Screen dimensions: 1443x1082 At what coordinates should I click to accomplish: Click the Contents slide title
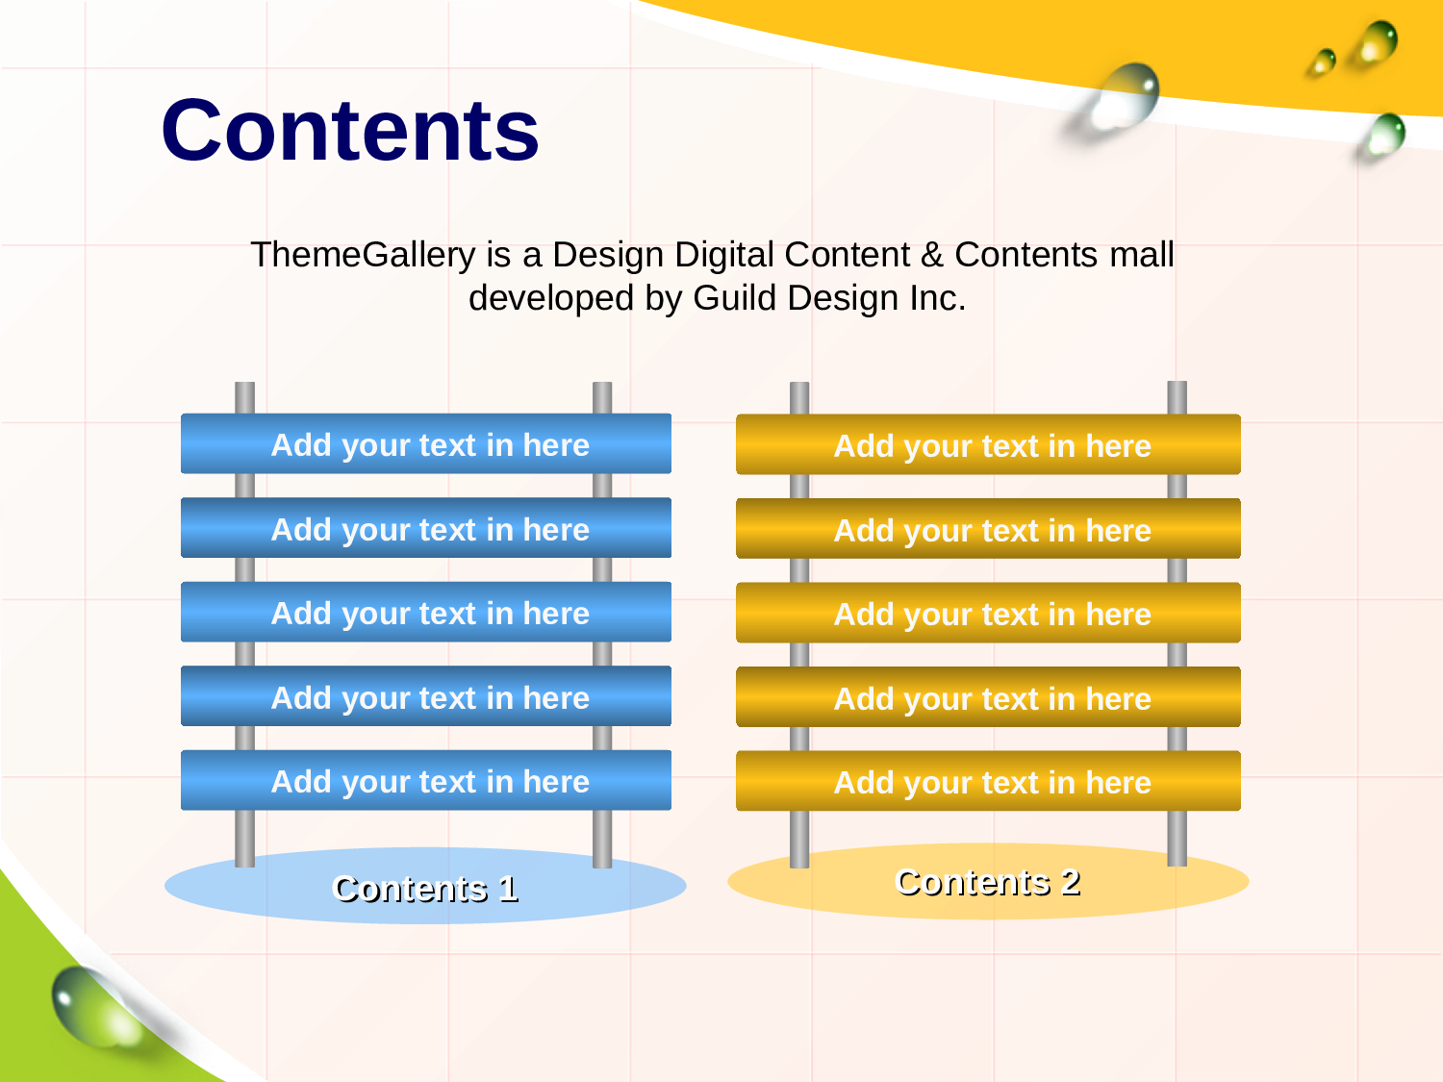(x=350, y=130)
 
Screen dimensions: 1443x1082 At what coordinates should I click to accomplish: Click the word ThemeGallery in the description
(x=363, y=255)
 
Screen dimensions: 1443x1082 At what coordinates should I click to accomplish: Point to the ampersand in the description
(x=931, y=254)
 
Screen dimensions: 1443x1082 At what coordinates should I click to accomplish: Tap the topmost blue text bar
(x=426, y=443)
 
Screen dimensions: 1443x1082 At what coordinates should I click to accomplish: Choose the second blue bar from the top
(x=426, y=527)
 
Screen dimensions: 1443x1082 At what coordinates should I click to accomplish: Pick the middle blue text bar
(x=426, y=612)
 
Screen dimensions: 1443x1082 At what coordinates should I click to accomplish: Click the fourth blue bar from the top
(x=426, y=695)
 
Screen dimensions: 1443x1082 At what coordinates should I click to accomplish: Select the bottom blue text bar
(x=426, y=780)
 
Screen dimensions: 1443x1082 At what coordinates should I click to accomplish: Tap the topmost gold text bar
(x=988, y=444)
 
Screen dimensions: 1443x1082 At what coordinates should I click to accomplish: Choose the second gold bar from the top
(x=988, y=528)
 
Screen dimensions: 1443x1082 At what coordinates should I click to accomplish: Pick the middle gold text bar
(x=988, y=613)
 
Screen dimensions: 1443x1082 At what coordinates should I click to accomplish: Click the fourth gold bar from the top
(x=988, y=696)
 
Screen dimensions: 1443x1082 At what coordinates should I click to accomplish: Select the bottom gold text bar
(x=988, y=780)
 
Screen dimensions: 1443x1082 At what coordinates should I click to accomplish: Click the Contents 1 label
(x=426, y=889)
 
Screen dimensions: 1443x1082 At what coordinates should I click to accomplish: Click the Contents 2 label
(x=988, y=882)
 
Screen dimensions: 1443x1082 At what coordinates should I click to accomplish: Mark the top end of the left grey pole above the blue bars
(x=244, y=383)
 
